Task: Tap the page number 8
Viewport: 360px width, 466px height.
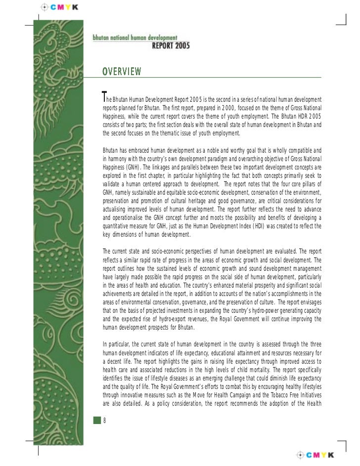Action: click(x=105, y=421)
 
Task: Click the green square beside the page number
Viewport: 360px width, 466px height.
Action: click(x=97, y=421)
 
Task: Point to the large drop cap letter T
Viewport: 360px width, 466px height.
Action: click(x=104, y=95)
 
